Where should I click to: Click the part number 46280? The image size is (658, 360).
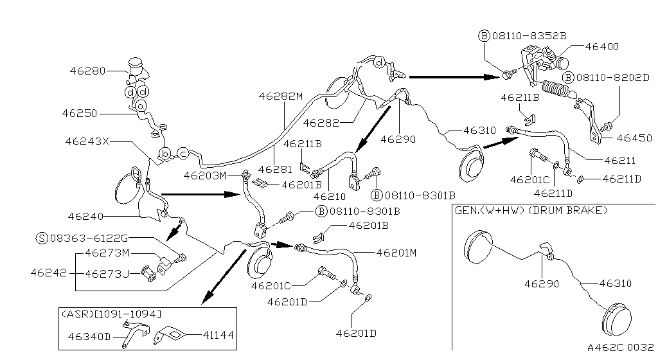[87, 71]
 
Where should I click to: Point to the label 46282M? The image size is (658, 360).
[280, 96]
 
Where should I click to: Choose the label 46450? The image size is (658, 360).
[634, 138]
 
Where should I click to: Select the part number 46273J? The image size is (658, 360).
[107, 274]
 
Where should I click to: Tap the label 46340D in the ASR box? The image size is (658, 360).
[89, 336]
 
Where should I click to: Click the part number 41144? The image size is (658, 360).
[218, 335]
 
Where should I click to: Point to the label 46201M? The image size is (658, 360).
[396, 253]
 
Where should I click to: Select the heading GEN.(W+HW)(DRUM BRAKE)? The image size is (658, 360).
[531, 210]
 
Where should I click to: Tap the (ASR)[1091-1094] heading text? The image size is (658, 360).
[110, 313]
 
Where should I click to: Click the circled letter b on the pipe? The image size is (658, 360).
[165, 154]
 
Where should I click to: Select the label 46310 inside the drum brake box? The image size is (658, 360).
[615, 283]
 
